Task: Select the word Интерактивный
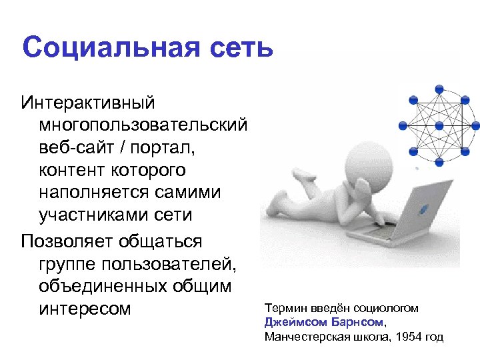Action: (x=88, y=104)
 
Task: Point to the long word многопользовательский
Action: (x=143, y=126)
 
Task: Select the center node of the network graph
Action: (x=439, y=125)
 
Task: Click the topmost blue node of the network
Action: (x=439, y=88)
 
